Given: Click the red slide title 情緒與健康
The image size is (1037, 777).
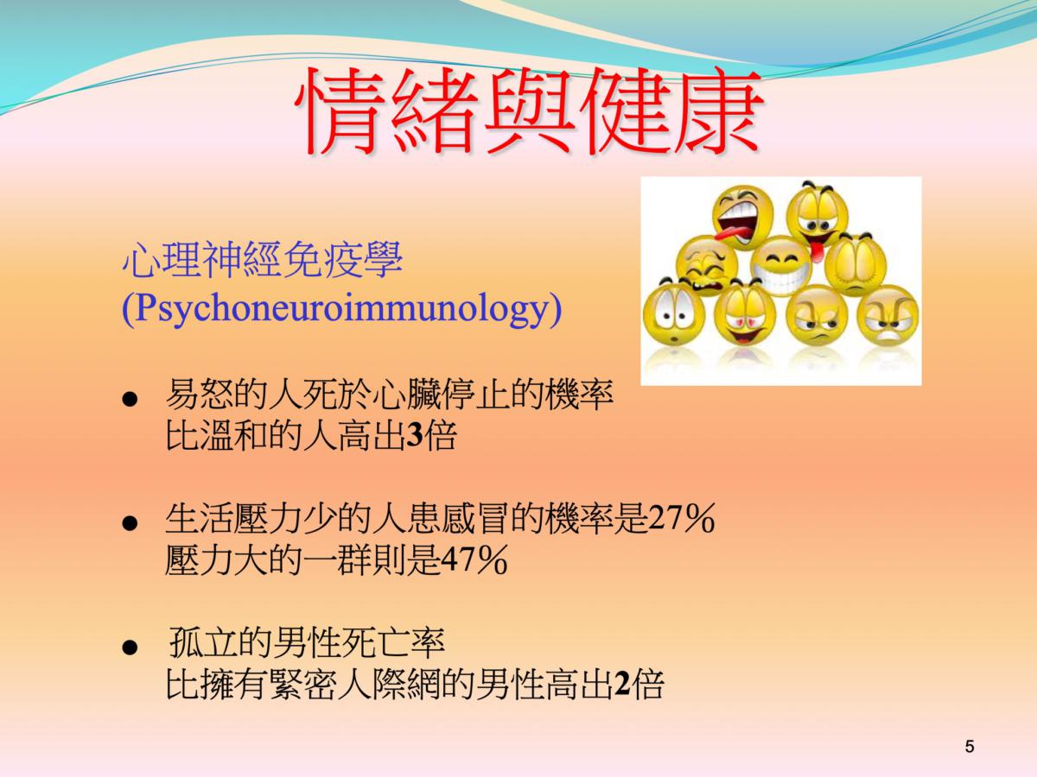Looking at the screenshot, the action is [x=529, y=111].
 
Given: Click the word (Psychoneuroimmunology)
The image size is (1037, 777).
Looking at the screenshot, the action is [x=341, y=309].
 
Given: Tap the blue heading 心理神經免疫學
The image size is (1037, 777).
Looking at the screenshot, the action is [x=262, y=259].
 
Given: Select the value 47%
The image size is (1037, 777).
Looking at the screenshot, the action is [x=474, y=560].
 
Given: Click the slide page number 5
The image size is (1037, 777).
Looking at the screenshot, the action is [x=970, y=747].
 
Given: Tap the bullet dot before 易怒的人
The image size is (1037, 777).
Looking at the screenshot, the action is [x=130, y=400].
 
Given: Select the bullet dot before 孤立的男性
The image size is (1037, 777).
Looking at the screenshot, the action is [x=130, y=647].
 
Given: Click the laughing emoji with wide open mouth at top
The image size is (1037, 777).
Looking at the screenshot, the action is [x=742, y=217].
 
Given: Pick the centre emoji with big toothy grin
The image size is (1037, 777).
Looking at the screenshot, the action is [x=781, y=267].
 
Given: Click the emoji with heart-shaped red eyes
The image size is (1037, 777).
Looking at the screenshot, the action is [x=745, y=314].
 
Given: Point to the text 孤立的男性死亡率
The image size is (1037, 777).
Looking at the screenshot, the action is [x=307, y=643].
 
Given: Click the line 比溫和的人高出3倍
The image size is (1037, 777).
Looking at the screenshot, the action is [x=311, y=435].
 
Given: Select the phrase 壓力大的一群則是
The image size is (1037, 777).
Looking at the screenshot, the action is [x=302, y=560].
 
